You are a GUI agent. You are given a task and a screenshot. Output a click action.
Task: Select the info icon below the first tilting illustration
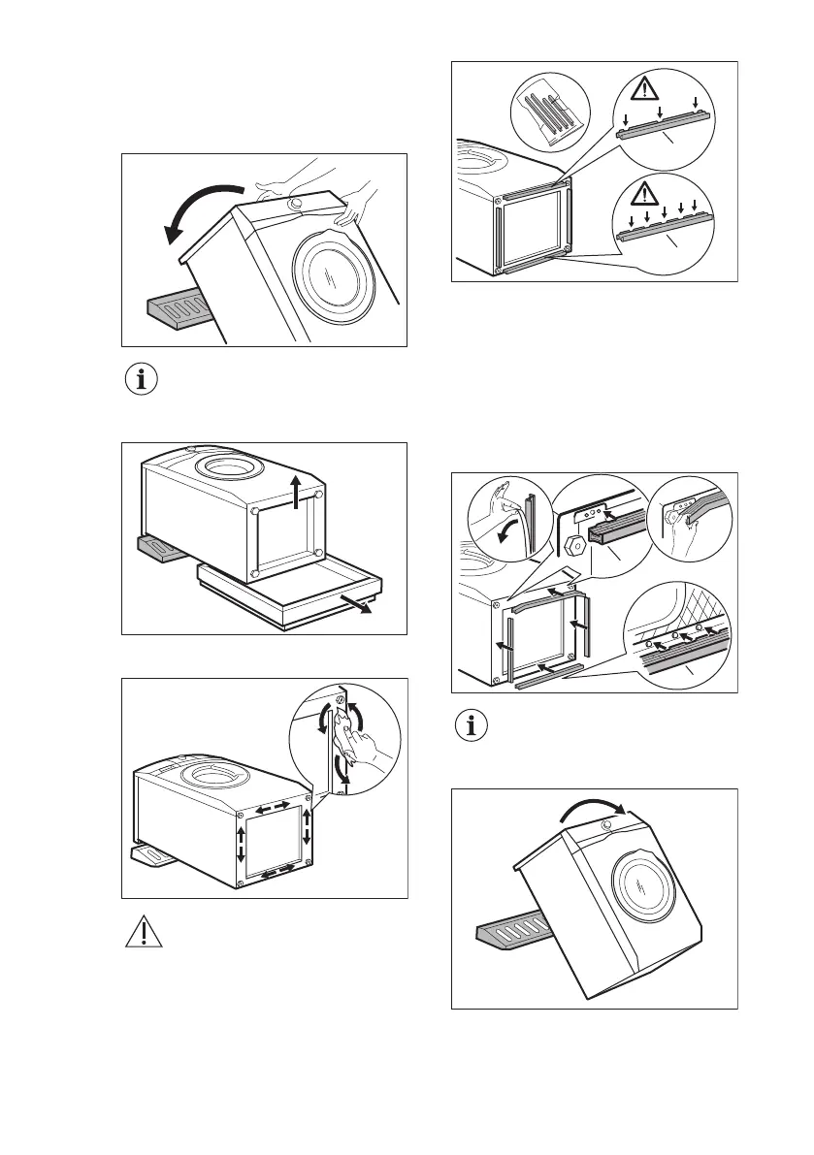(x=142, y=380)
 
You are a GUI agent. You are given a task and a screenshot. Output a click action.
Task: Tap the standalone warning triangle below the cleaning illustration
(x=142, y=932)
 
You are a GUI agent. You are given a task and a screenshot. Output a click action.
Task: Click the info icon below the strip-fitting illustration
(x=473, y=728)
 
